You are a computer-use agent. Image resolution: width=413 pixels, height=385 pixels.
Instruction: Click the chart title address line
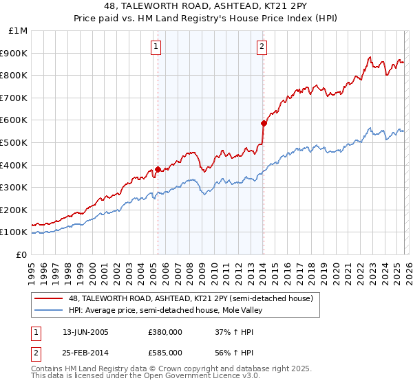coord(206,7)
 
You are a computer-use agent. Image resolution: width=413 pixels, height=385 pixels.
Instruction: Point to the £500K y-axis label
coord(14,142)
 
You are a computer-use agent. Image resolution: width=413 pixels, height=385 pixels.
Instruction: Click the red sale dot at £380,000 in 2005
coord(158,169)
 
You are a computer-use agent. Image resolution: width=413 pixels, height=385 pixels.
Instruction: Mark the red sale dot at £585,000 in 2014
coord(264,124)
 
